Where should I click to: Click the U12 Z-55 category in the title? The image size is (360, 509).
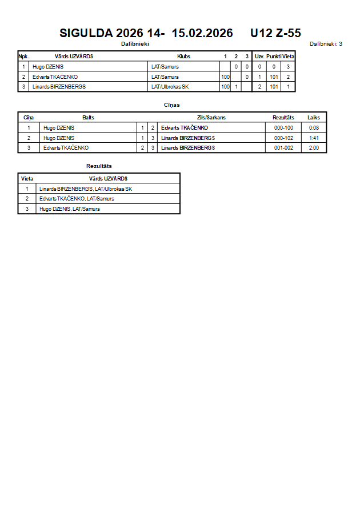[275, 33]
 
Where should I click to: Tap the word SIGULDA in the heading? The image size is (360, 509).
[86, 33]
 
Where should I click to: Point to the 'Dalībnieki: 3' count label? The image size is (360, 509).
[326, 43]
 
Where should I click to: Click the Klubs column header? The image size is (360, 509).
[183, 57]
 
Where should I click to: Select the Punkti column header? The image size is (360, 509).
[274, 57]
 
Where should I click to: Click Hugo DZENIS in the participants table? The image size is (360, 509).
[48, 67]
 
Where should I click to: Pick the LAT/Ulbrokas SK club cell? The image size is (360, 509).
[170, 87]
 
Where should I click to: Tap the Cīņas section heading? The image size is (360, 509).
[171, 105]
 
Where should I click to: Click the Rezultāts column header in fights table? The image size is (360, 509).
[283, 118]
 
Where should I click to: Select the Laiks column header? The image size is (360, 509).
[314, 118]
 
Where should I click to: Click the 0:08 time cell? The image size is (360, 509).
[314, 128]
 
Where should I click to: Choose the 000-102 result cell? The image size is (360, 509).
[283, 138]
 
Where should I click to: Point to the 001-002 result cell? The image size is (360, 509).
[283, 148]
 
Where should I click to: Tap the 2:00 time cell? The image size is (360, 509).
[314, 148]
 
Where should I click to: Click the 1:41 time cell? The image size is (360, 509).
[314, 138]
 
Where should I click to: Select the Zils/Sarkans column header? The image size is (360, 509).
[211, 118]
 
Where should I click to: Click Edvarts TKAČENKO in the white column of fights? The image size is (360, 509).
[66, 148]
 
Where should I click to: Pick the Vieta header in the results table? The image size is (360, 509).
[27, 179]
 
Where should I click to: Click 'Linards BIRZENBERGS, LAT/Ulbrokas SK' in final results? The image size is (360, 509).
[86, 189]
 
